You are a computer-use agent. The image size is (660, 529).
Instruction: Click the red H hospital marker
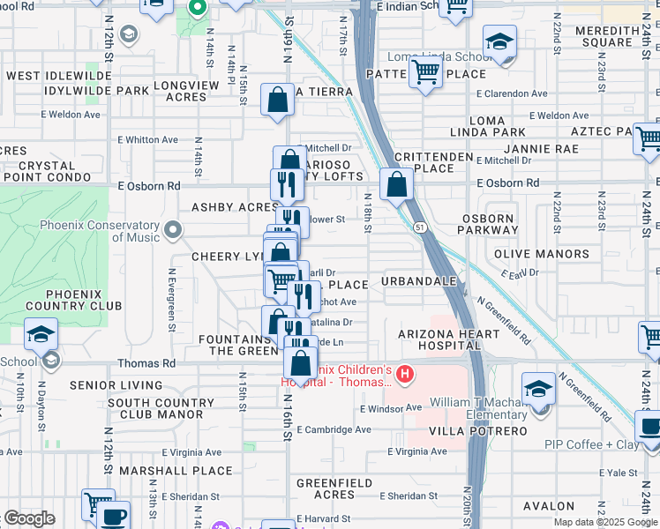coord(405,375)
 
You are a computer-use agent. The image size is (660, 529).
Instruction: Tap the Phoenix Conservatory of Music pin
coord(173,231)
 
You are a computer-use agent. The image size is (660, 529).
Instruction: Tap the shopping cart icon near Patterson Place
coord(426,71)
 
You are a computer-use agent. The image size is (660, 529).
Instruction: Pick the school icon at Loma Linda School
coord(499,41)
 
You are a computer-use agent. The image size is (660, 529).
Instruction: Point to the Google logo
coord(29,518)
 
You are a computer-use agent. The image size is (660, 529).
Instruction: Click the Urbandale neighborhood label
coord(418,281)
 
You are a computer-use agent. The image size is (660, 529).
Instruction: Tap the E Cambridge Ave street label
coord(334,429)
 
